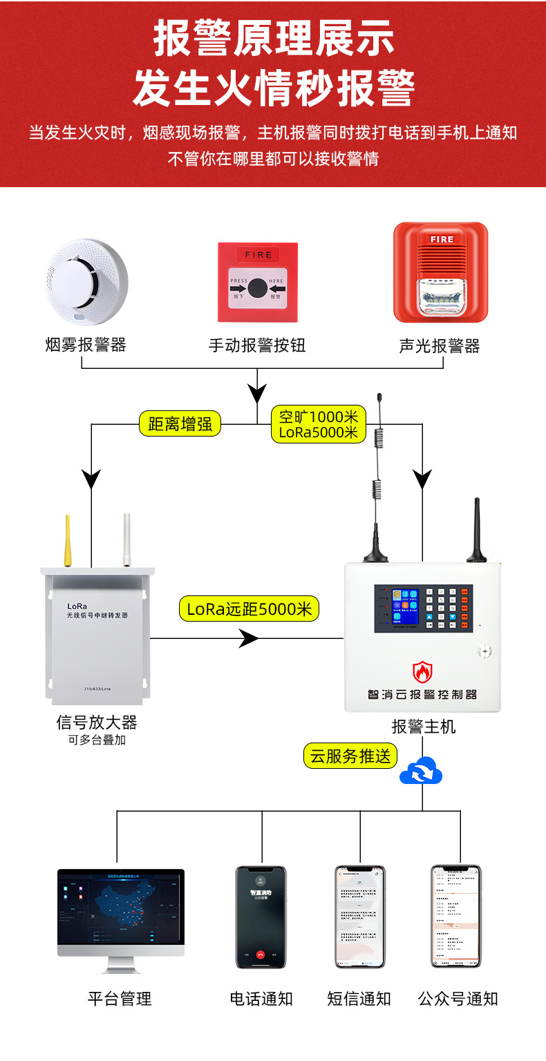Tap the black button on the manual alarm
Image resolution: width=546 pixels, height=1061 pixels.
tap(257, 287)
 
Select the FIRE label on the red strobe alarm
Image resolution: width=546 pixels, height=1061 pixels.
tap(441, 240)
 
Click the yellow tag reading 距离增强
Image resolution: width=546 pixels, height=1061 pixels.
tap(180, 423)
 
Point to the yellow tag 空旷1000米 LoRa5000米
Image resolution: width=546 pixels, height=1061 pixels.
tap(319, 425)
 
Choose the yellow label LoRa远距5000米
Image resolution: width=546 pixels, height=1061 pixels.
tap(250, 609)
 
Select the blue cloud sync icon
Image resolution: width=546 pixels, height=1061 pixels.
tap(421, 771)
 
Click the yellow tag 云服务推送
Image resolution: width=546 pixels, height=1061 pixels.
tap(350, 756)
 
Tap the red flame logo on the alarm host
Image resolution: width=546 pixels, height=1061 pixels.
tap(422, 671)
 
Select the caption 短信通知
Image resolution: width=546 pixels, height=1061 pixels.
tap(359, 999)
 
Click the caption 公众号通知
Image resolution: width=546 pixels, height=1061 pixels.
tap(458, 999)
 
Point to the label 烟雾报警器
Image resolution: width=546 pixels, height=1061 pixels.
tap(86, 345)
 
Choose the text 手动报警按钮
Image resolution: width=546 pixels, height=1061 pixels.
tap(257, 345)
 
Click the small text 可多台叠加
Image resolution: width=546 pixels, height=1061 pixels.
tap(97, 740)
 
